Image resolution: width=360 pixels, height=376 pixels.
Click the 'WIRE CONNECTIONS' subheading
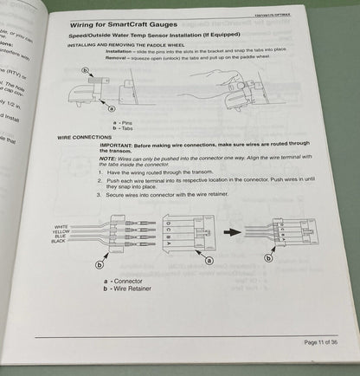[91, 137]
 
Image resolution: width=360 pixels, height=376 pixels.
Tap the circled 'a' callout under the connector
[206, 259]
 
